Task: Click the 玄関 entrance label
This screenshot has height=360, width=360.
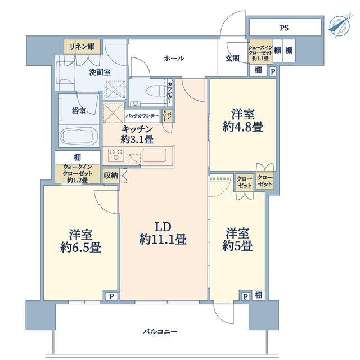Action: [233, 58]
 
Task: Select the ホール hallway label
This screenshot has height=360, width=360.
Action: [174, 58]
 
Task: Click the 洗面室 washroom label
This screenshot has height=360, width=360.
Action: [85, 72]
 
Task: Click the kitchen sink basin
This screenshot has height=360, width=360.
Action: [155, 154]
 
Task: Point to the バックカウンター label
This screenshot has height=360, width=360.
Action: [142, 116]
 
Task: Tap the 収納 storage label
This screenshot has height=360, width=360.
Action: [111, 175]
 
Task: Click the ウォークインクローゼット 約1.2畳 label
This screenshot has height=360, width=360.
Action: [78, 173]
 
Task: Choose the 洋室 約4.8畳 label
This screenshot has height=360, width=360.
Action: [242, 120]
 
